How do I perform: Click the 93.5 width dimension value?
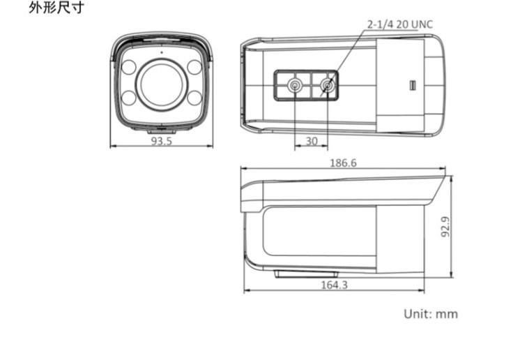point(161,141)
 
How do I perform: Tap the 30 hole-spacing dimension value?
point(312,141)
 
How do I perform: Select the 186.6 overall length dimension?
point(343,163)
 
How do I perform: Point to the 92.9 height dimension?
point(445,227)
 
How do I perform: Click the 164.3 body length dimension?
point(335,285)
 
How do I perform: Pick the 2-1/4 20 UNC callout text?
point(400,24)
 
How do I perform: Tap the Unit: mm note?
point(431,314)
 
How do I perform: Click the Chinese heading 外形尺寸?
point(56,8)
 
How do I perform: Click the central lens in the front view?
point(161,84)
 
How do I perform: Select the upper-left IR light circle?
point(129,67)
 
